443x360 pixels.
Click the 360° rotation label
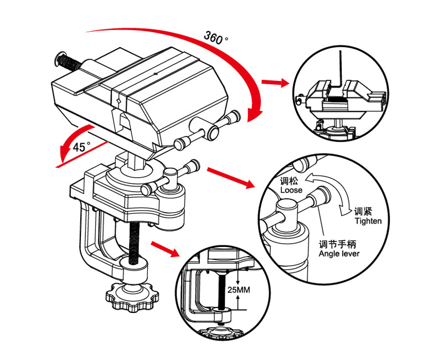(x=215, y=37)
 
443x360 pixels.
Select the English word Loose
(x=291, y=190)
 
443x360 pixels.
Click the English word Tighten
(x=368, y=221)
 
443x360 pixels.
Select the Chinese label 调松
(x=289, y=181)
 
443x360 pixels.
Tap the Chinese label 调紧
(x=363, y=212)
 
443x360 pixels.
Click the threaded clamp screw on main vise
(x=134, y=244)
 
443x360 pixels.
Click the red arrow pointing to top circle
(x=275, y=83)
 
